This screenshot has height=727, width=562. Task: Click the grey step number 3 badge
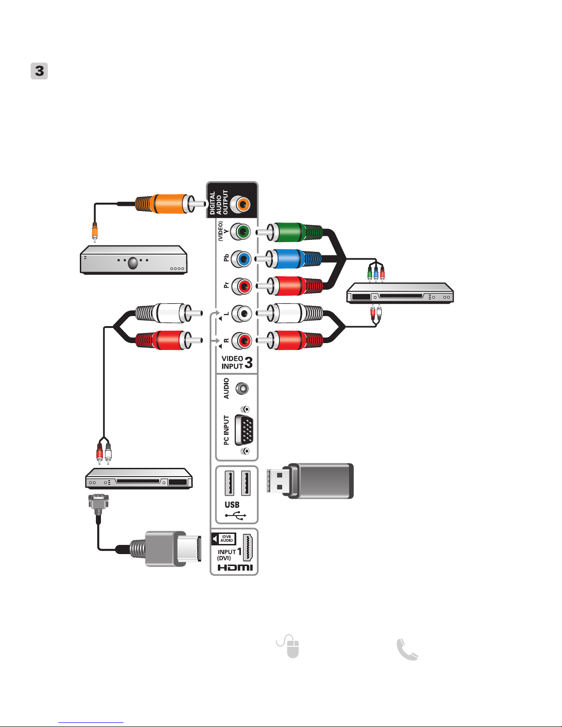(x=39, y=71)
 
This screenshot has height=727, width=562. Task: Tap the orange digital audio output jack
(x=240, y=204)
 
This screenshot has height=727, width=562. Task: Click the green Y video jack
(x=240, y=231)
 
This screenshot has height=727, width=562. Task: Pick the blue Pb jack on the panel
(x=240, y=259)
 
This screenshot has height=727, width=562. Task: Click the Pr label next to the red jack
(x=227, y=285)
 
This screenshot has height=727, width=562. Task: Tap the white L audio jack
(x=241, y=313)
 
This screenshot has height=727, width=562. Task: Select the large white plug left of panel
(x=169, y=313)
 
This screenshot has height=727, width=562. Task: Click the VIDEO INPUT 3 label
(x=237, y=362)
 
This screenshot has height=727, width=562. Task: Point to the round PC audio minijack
(x=242, y=388)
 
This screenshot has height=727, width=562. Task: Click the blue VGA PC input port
(x=244, y=430)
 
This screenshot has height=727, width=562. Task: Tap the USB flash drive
(x=310, y=481)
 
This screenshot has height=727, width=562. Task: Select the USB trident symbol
(x=236, y=516)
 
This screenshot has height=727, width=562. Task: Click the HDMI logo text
(x=235, y=567)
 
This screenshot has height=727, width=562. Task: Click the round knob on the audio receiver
(x=133, y=263)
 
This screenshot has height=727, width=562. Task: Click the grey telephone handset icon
(x=407, y=649)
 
